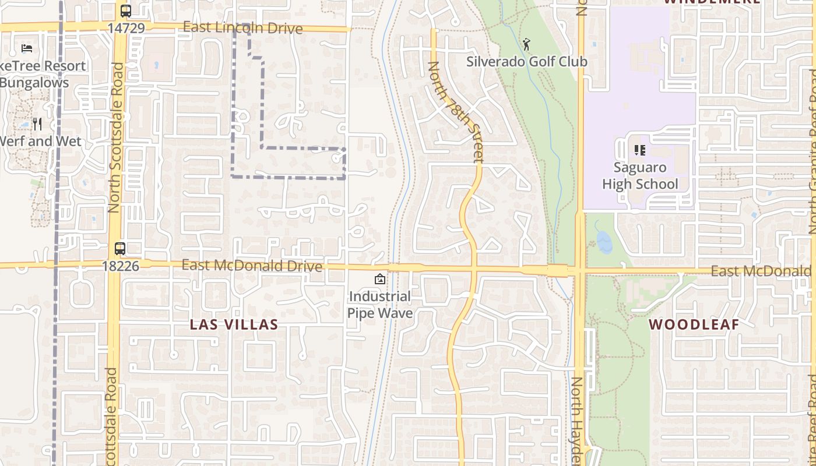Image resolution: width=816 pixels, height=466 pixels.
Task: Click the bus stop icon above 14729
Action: click(x=125, y=10)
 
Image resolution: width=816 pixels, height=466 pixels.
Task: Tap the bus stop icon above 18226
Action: click(x=119, y=249)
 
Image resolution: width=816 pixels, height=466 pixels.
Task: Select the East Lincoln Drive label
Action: click(x=242, y=28)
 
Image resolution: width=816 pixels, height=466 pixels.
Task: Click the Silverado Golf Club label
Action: click(x=526, y=61)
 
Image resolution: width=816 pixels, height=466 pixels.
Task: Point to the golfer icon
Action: click(x=526, y=43)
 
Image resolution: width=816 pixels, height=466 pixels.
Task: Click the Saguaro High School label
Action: click(x=640, y=176)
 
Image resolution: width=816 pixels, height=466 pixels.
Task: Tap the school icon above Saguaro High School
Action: click(x=640, y=150)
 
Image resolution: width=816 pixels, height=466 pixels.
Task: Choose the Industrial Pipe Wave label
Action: click(x=380, y=305)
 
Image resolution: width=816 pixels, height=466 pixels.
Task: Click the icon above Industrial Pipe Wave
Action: click(x=379, y=279)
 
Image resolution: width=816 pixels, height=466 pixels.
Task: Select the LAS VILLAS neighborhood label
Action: click(x=234, y=325)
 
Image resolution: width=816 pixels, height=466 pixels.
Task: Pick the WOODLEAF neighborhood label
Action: click(x=694, y=325)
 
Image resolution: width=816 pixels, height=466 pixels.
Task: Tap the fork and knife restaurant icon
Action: click(x=37, y=123)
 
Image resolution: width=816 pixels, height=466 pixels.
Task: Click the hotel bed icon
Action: click(x=27, y=48)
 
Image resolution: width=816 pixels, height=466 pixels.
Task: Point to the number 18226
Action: click(x=120, y=266)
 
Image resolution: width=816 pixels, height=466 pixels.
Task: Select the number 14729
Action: click(x=125, y=27)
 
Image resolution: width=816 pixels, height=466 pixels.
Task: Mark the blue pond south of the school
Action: click(x=604, y=241)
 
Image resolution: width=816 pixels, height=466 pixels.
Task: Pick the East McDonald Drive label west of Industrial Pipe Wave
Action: click(x=252, y=266)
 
